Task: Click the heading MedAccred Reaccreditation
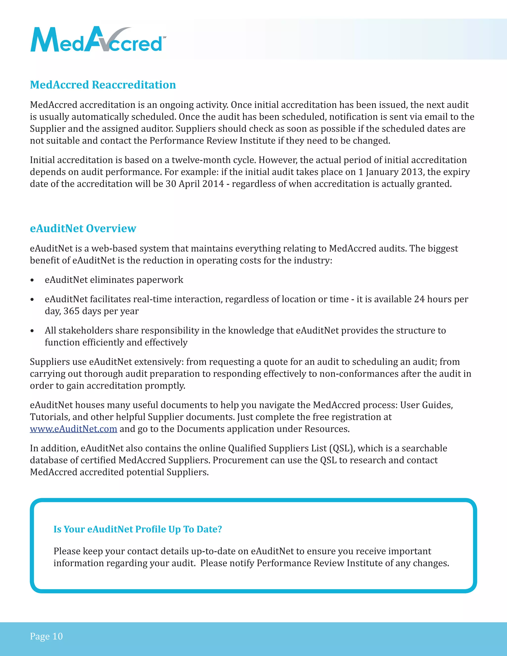[103, 85]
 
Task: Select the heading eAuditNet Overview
[83, 228]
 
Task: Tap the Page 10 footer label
[46, 636]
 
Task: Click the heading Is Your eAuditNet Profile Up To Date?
[138, 529]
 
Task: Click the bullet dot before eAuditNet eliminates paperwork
[32, 280]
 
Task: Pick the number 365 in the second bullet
[71, 311]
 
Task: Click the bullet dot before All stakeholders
[32, 331]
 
